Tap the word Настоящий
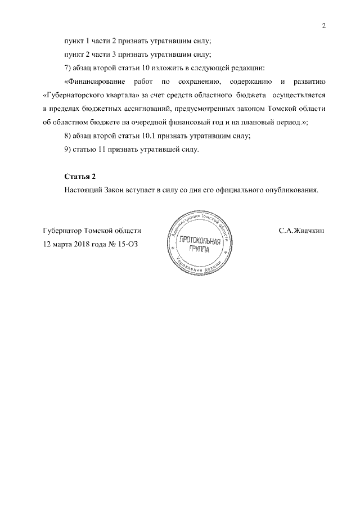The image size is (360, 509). (x=83, y=190)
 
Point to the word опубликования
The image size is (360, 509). (x=292, y=190)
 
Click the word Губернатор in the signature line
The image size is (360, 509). (x=62, y=231)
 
